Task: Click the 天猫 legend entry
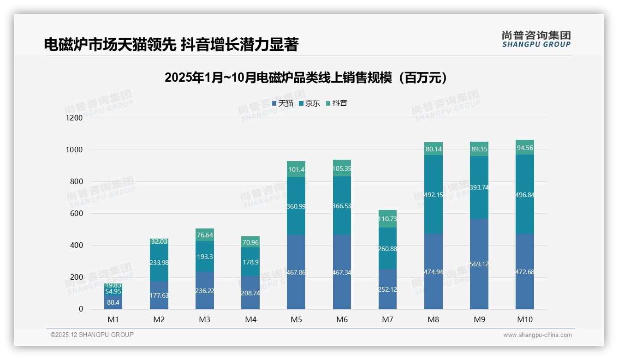(x=283, y=103)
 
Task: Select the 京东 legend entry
(x=309, y=103)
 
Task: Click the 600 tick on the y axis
(x=77, y=214)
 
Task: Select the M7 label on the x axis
(x=388, y=319)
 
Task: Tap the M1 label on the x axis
(x=113, y=319)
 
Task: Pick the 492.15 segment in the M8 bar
(x=434, y=194)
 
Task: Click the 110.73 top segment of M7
(x=388, y=219)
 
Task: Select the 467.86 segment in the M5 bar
(x=296, y=272)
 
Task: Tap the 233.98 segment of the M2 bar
(x=159, y=263)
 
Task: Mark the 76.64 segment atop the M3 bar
(x=204, y=235)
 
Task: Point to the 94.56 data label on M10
(x=525, y=148)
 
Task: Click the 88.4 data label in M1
(x=113, y=302)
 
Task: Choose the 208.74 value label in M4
(x=250, y=293)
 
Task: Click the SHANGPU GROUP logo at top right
(x=536, y=39)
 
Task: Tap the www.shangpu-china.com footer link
(x=537, y=335)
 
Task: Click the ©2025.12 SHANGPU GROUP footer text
(x=92, y=335)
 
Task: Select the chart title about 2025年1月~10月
(x=306, y=78)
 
